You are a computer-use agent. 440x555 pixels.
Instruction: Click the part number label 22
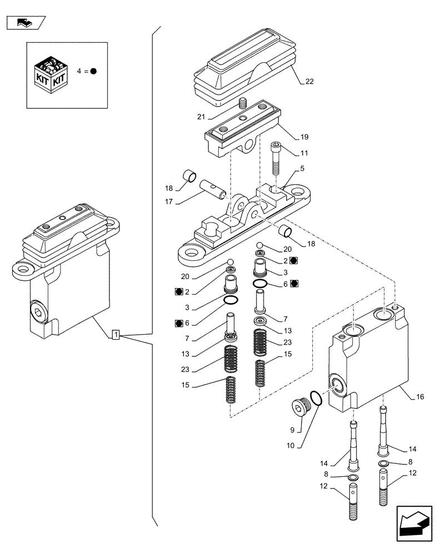(309, 82)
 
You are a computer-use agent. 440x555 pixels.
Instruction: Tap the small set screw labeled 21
(242, 103)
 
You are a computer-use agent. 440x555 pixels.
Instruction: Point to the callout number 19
(304, 137)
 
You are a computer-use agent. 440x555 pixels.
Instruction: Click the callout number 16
(421, 397)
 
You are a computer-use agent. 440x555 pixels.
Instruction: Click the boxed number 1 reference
(116, 334)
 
